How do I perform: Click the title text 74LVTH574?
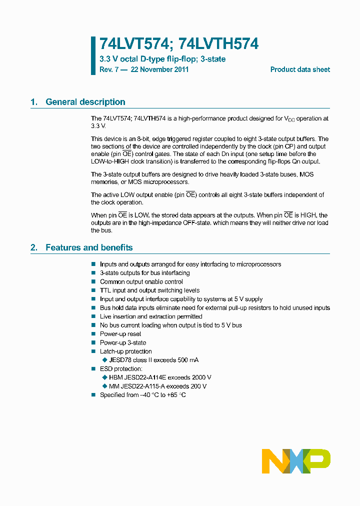click(x=217, y=44)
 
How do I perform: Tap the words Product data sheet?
click(x=300, y=69)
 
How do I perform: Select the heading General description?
click(x=85, y=102)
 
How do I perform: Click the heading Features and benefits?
click(x=89, y=247)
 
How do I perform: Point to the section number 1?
click(x=34, y=102)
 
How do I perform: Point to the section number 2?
click(x=34, y=247)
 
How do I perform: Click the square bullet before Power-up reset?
click(x=93, y=334)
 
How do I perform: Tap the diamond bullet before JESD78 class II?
click(x=104, y=360)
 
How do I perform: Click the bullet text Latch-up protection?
click(x=125, y=351)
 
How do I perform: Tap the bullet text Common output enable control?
click(x=134, y=282)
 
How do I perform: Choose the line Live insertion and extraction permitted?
click(x=151, y=316)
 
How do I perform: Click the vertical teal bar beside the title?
click(x=93, y=55)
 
